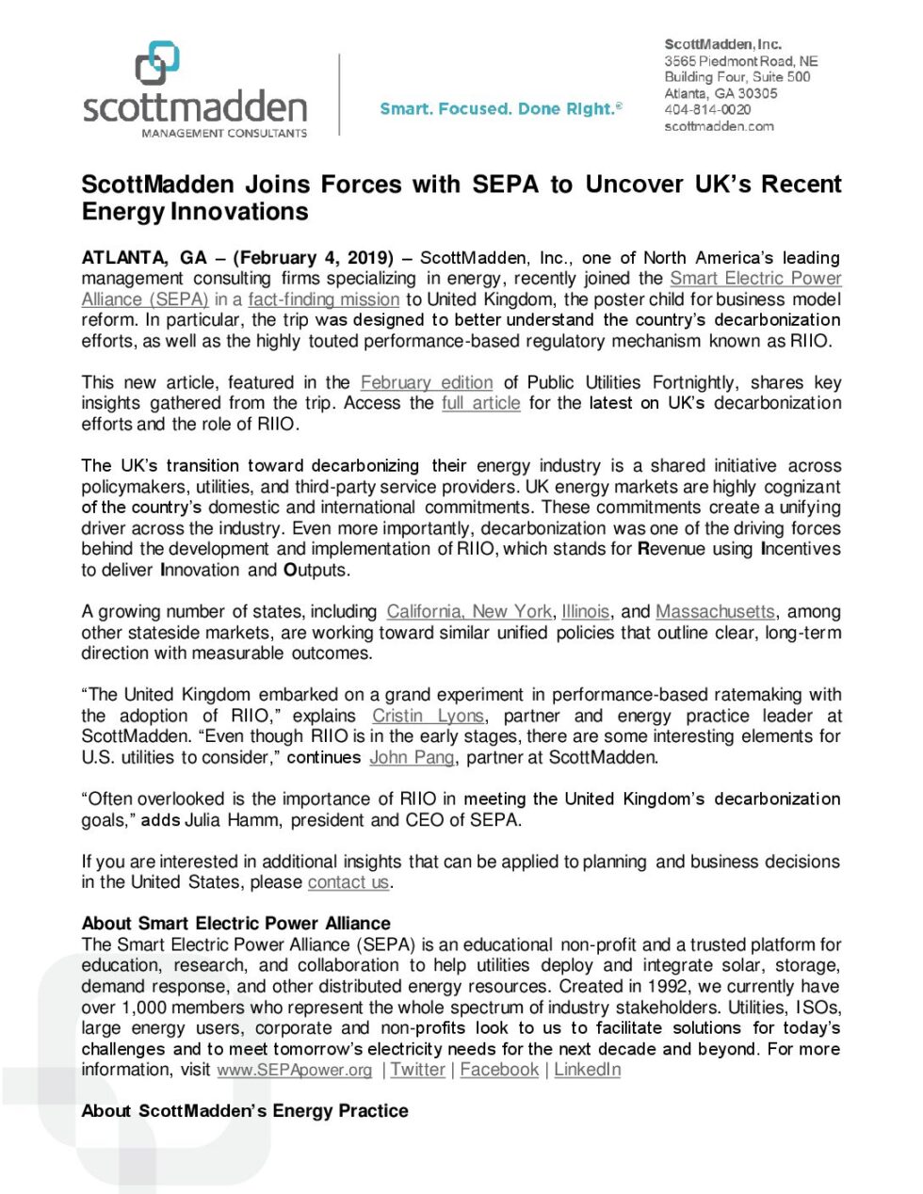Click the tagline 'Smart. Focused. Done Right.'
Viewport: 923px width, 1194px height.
(499, 109)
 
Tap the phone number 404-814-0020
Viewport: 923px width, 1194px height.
(707, 110)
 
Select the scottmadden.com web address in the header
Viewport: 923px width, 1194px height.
(719, 126)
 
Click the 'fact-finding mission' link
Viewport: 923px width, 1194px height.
(324, 299)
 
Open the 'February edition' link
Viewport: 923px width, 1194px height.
(427, 382)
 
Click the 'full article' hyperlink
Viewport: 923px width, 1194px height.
(480, 403)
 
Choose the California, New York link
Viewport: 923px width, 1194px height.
(469, 611)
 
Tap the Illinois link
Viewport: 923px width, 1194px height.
(586, 611)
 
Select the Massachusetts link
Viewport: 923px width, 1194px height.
(715, 611)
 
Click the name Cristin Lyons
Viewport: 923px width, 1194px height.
(428, 716)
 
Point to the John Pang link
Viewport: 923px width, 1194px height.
(412, 757)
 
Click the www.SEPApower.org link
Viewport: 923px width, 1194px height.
(295, 1070)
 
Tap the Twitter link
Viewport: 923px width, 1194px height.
(417, 1070)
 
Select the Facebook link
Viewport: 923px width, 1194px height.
(499, 1070)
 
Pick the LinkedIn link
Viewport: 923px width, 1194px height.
(587, 1070)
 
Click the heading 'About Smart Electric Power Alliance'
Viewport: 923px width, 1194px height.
(236, 924)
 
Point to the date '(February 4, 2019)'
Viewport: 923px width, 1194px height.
(314, 258)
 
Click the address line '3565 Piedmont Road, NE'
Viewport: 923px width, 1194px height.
(741, 60)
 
